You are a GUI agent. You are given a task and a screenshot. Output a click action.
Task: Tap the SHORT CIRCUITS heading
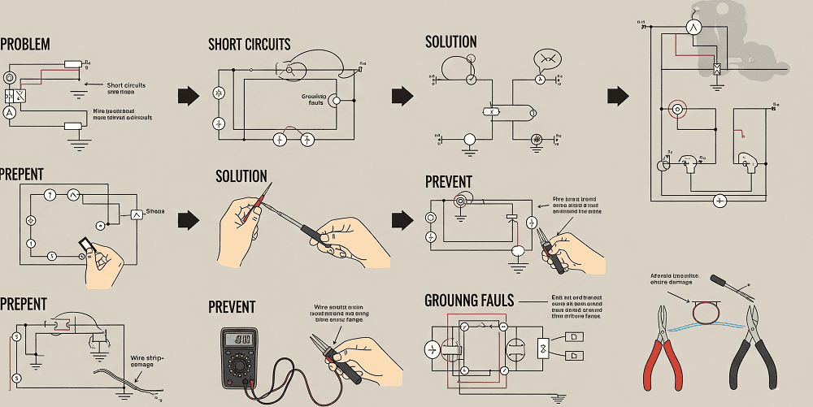pos(249,45)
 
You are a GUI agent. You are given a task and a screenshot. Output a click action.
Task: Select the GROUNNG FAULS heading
pos(469,301)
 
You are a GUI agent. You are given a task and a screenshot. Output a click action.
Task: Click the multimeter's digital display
pos(239,340)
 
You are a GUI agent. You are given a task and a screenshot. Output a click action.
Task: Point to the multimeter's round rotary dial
pos(239,366)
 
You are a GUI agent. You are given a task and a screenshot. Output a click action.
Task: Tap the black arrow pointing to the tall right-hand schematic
pos(618,95)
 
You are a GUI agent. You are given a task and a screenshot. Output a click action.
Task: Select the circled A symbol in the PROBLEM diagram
pos(10,113)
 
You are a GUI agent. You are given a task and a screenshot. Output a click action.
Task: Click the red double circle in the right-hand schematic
pos(676,109)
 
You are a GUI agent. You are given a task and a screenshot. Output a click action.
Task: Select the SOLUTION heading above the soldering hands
pos(241,176)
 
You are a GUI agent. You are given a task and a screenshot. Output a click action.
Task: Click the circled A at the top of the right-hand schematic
pos(696,27)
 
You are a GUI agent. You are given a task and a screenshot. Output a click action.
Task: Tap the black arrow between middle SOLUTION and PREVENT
pos(402,219)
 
